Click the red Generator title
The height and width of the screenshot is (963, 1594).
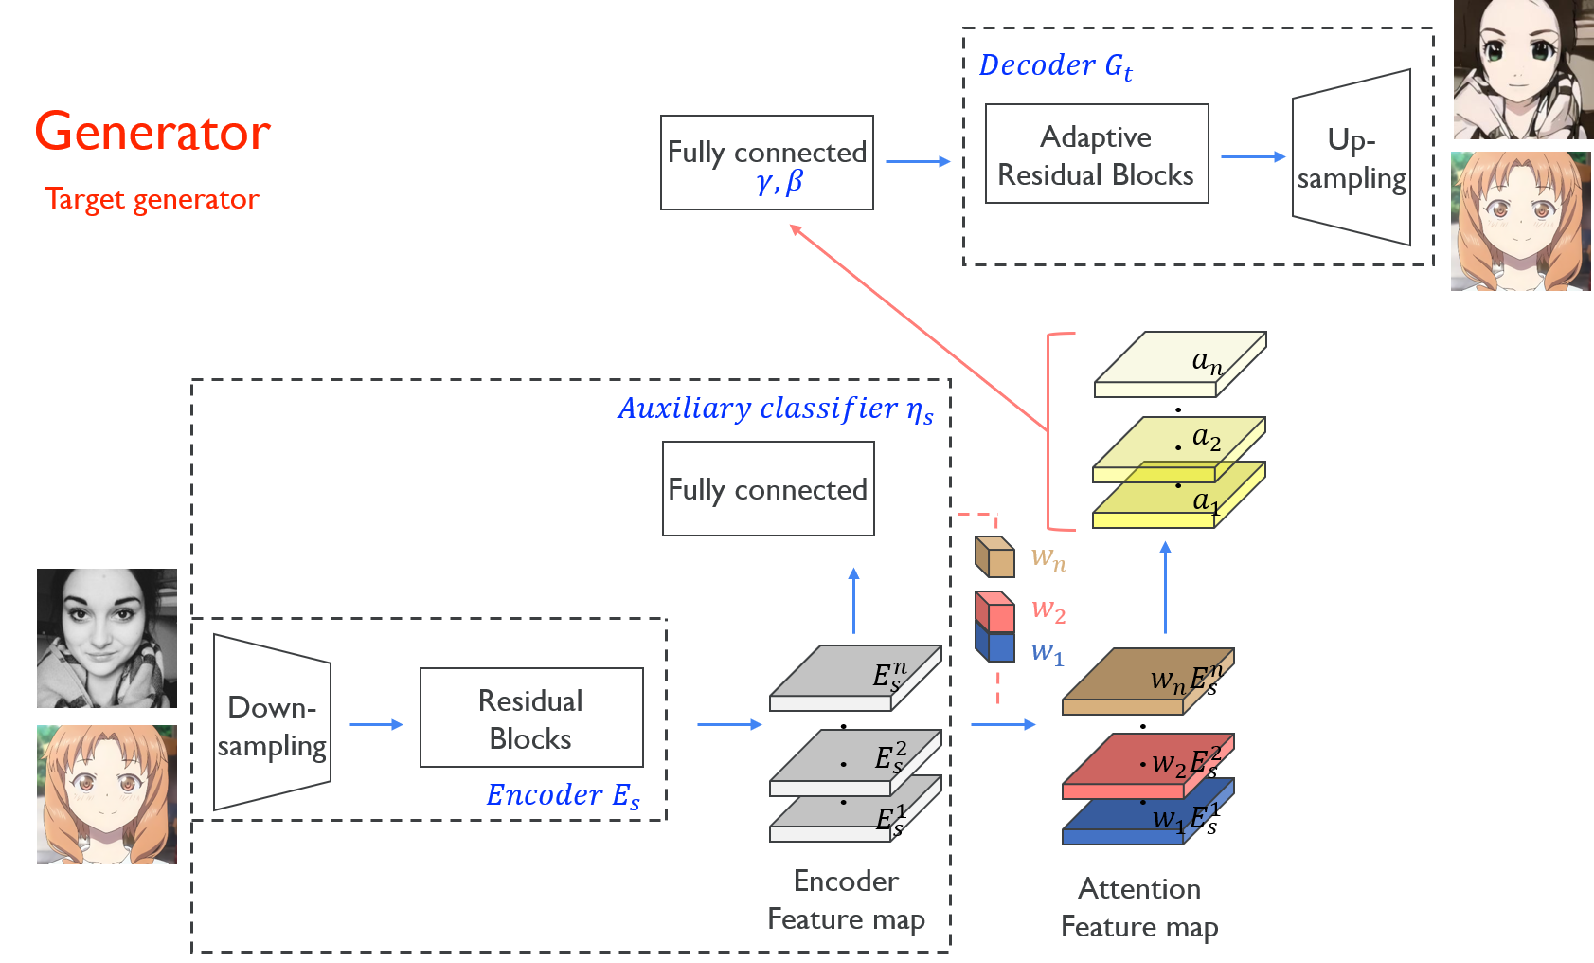click(x=152, y=132)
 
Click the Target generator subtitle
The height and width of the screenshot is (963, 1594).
click(x=152, y=199)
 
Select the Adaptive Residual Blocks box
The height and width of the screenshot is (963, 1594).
click(x=1096, y=154)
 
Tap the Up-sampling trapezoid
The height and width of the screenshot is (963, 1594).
click(x=1352, y=157)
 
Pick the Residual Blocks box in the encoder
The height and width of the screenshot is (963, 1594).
click(x=530, y=718)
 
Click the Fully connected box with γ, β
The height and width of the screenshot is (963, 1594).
click(x=766, y=163)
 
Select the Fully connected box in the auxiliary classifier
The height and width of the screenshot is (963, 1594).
click(x=767, y=489)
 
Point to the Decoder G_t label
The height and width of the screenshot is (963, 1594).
click(x=1055, y=65)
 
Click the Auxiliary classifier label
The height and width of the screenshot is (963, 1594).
click(x=775, y=409)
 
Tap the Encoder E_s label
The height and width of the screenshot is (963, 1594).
click(x=563, y=795)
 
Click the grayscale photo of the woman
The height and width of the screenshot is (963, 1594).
click(x=106, y=638)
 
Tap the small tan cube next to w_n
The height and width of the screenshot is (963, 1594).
click(x=994, y=557)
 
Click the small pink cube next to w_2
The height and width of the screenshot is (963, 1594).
click(x=994, y=610)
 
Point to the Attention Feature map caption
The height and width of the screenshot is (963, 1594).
click(x=1139, y=908)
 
